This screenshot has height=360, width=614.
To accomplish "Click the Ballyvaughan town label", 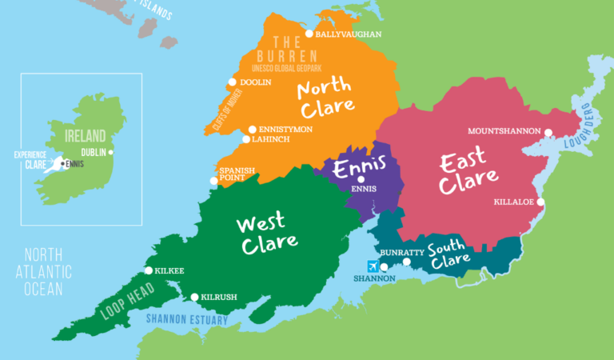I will (349, 34).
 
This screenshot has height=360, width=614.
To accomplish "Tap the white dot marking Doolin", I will (233, 82).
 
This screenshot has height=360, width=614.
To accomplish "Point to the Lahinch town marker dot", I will (246, 139).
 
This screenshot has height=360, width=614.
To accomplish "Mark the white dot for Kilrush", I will (194, 297).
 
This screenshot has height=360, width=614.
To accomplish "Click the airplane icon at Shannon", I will (372, 266).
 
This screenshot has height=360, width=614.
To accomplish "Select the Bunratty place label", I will (398, 253).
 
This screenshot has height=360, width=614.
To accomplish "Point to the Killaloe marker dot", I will (540, 202).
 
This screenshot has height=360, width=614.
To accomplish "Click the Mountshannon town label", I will (504, 130).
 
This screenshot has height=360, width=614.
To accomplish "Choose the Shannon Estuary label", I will (186, 321).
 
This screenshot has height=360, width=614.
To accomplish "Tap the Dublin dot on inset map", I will (111, 152).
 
